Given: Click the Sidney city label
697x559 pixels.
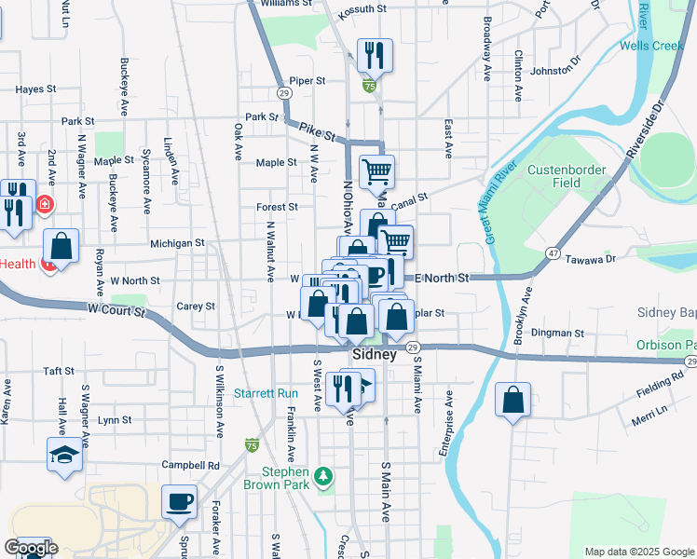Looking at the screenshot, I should (x=375, y=355).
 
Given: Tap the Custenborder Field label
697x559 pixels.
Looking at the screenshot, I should (x=567, y=176).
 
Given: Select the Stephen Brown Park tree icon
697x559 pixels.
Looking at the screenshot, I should (x=323, y=477).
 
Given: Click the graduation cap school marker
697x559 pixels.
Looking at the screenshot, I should (x=64, y=455).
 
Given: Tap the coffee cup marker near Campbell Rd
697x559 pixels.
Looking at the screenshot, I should (x=179, y=502).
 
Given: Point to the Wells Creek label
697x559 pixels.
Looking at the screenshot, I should (x=651, y=46).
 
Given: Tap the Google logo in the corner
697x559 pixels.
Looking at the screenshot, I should (x=30, y=547).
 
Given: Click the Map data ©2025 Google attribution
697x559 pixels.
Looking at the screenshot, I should (x=638, y=552).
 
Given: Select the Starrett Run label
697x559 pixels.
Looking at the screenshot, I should (x=266, y=393).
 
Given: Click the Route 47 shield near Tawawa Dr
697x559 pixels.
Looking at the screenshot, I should (x=553, y=253).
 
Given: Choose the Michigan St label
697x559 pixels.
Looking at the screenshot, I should (x=177, y=243).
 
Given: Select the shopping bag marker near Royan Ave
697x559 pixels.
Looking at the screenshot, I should (x=61, y=248).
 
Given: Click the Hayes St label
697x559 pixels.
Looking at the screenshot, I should (x=36, y=89).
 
